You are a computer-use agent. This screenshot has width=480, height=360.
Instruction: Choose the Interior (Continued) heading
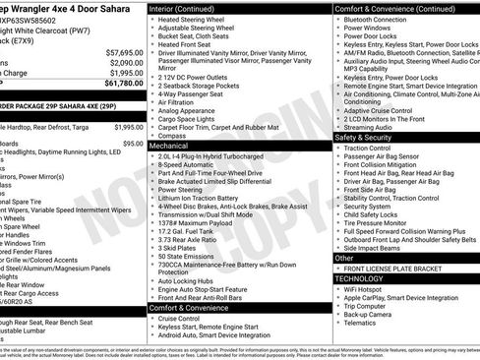point(188,8)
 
